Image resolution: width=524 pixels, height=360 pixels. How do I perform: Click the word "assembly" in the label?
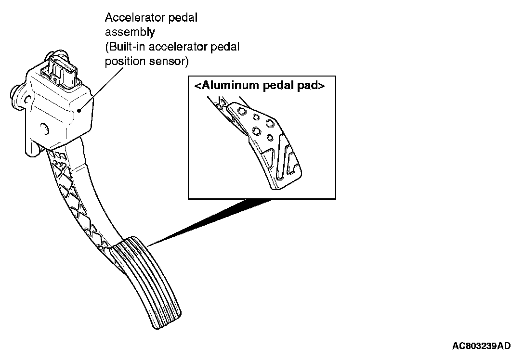pos(130,33)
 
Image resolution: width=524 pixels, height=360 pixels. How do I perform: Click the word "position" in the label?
pos(122,62)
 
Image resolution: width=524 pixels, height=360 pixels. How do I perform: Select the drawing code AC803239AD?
pos(481,346)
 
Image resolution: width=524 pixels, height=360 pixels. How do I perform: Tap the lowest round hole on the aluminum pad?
pos(270,138)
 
